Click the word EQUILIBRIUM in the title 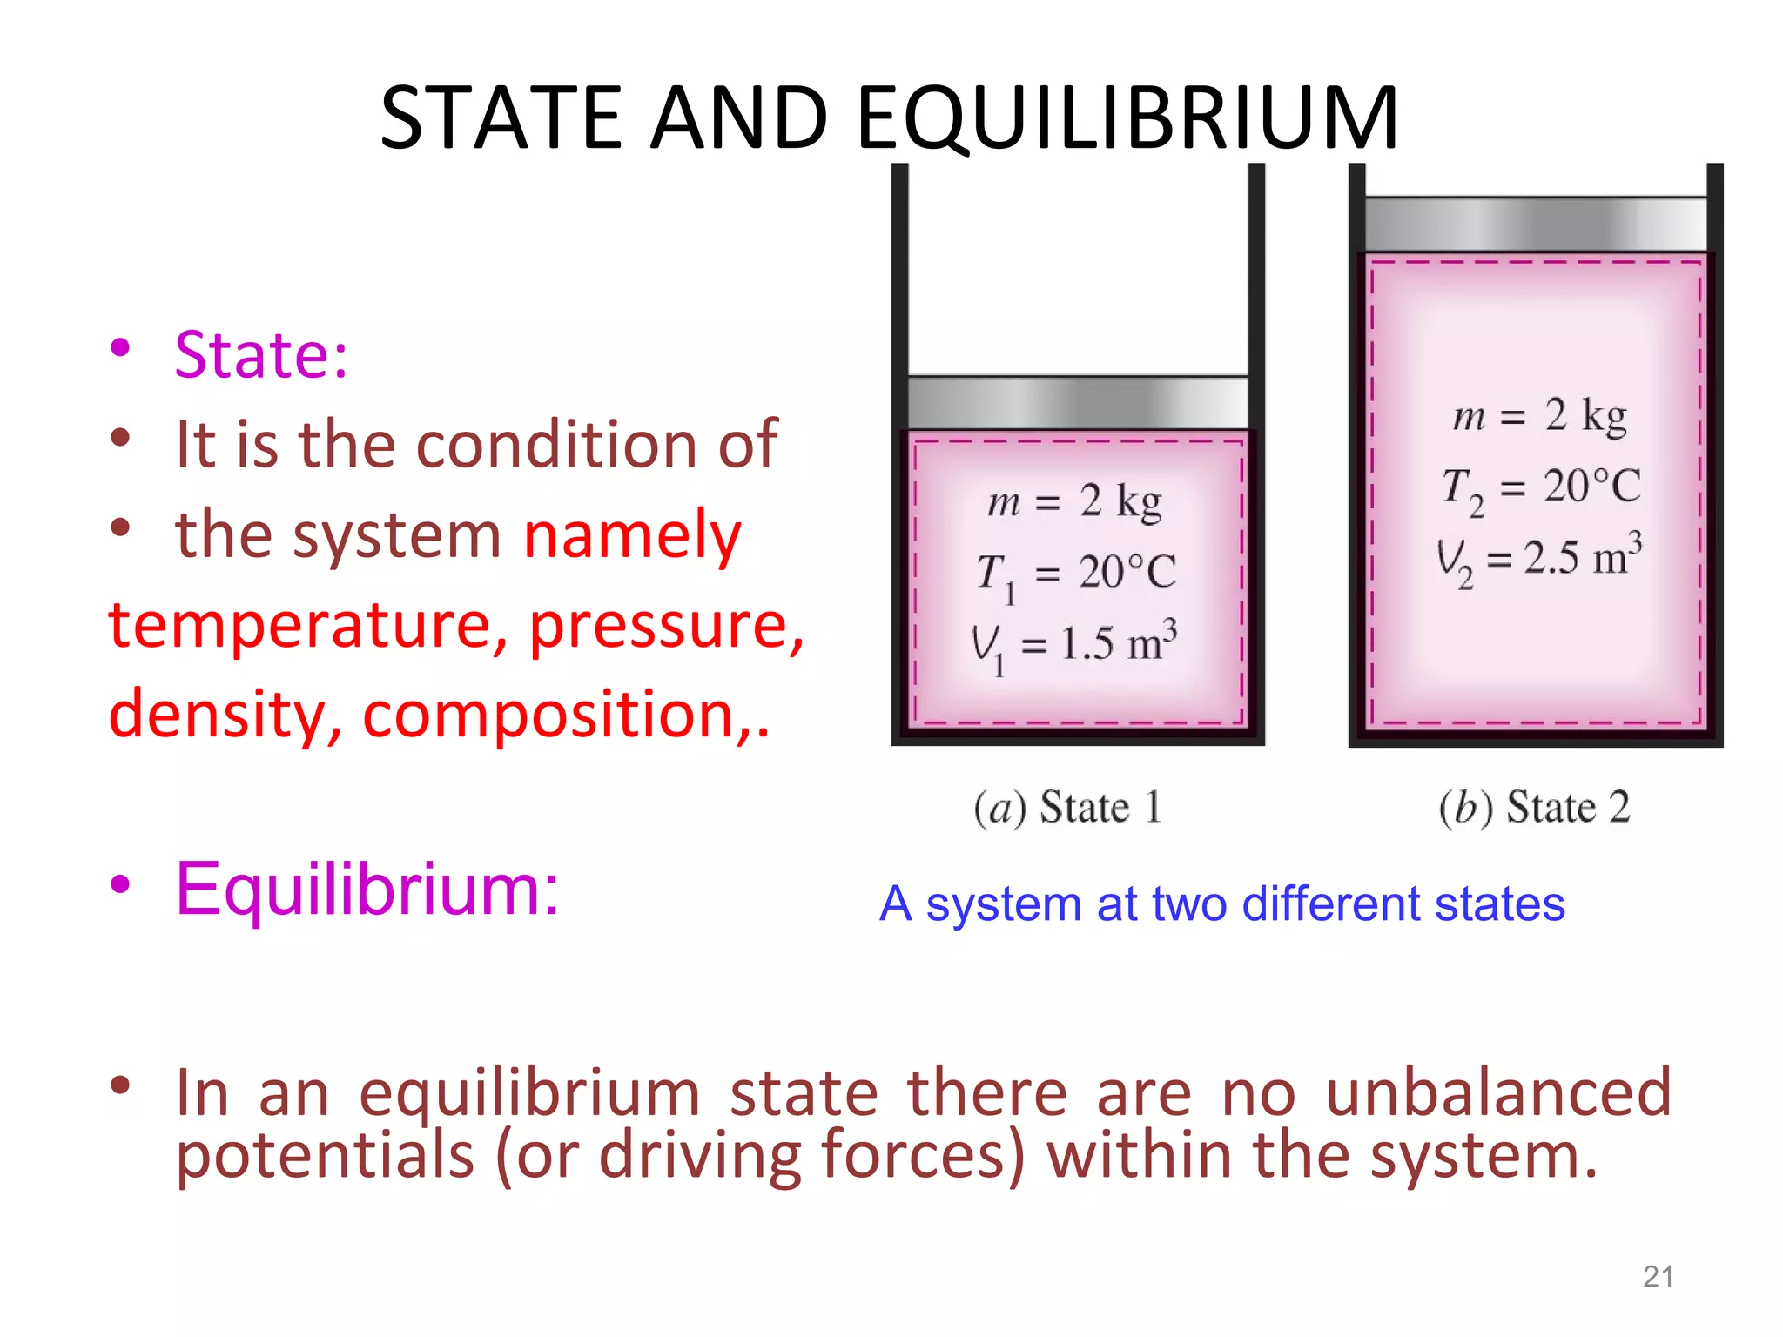point(1127,118)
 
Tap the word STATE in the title point(501,118)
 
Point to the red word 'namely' point(632,534)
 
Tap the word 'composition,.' point(566,715)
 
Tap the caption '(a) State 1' point(1067,808)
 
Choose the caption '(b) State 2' point(1534,808)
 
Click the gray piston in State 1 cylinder point(1078,403)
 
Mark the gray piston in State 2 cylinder point(1536,225)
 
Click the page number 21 point(1658,1277)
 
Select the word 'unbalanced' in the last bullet point(1497,1092)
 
